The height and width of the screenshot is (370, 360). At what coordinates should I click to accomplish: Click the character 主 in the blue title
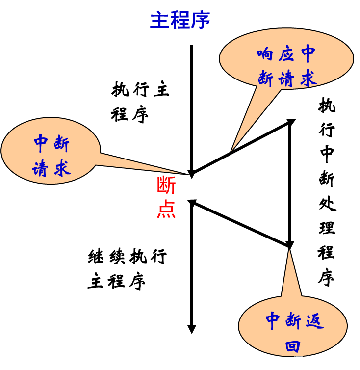click(x=159, y=21)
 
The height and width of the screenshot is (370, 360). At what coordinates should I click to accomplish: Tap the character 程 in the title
click(x=180, y=21)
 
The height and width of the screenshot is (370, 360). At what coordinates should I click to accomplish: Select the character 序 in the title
click(x=200, y=21)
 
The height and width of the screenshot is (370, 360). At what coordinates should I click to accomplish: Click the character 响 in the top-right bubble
click(x=265, y=53)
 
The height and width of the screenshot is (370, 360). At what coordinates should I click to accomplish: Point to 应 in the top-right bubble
click(x=286, y=53)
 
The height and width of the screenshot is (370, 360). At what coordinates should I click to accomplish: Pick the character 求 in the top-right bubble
click(x=308, y=79)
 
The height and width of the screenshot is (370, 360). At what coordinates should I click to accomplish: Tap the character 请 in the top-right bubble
click(x=286, y=79)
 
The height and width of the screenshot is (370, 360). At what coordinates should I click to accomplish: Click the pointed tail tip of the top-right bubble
click(x=232, y=150)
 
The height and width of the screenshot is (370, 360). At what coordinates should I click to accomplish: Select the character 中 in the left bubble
click(x=41, y=143)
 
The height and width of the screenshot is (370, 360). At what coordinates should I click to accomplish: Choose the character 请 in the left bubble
click(x=40, y=169)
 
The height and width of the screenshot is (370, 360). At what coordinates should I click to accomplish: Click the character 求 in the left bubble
click(x=62, y=168)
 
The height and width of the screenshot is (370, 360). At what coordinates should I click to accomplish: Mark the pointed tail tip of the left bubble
click(x=180, y=173)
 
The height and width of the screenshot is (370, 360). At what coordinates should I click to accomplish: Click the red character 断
click(x=166, y=185)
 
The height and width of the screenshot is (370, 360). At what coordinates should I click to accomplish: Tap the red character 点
click(x=166, y=209)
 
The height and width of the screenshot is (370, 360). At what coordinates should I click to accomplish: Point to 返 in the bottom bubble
click(x=314, y=321)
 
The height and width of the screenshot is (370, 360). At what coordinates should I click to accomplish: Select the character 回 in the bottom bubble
click(x=293, y=346)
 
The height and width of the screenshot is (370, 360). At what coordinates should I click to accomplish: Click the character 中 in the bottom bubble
click(x=272, y=321)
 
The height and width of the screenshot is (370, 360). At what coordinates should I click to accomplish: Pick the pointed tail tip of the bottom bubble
click(x=289, y=250)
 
